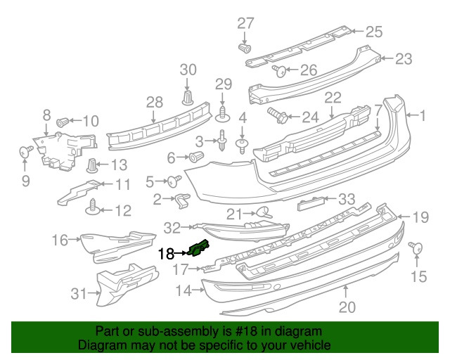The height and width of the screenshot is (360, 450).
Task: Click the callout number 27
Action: [x=245, y=23]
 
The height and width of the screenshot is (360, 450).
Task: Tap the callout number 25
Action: [x=373, y=31]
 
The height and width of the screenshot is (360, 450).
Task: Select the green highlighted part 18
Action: [x=199, y=247]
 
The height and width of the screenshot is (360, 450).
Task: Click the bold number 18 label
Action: [x=166, y=254]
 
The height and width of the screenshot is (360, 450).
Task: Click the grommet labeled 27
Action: [x=245, y=49]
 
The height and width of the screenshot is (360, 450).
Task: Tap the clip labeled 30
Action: [x=188, y=96]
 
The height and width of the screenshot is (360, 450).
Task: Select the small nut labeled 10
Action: [x=62, y=120]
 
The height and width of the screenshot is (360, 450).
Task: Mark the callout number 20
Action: [x=347, y=307]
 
